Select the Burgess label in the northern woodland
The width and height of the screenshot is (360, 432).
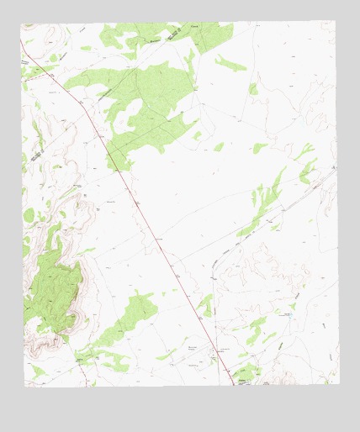(x=154, y=40)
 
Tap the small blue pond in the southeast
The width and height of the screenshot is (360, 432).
(x=289, y=314)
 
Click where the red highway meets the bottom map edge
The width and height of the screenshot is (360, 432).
(x=233, y=385)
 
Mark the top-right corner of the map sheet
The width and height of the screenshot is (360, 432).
(x=335, y=22)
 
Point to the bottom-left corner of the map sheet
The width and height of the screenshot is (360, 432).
(x=24, y=386)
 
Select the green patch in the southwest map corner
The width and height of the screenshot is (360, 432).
(x=37, y=371)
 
